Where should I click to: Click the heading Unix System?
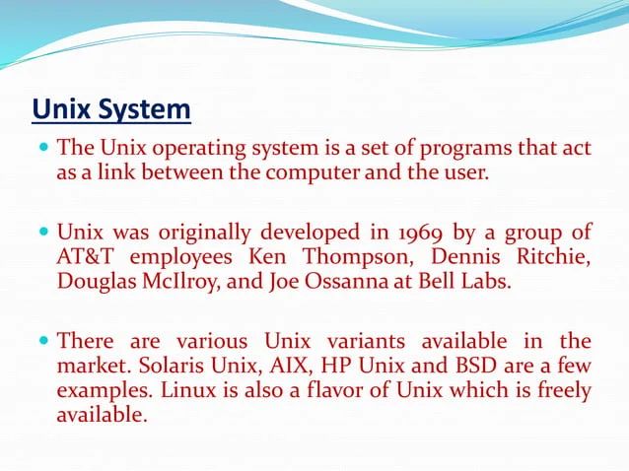pos(111,108)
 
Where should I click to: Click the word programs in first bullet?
pos(464,149)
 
